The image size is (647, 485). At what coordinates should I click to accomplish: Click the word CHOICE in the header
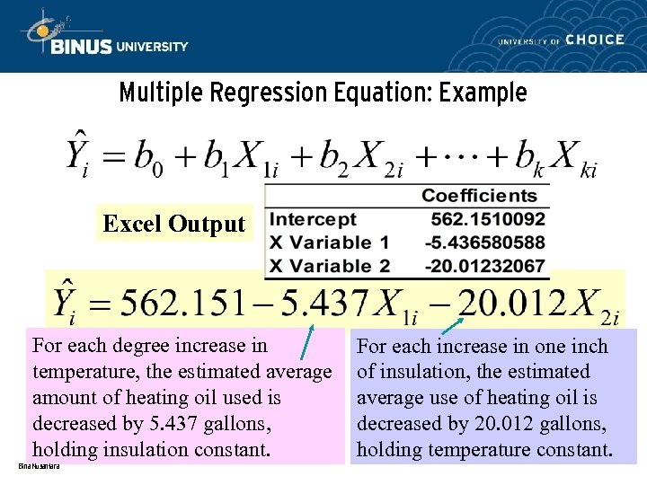pos(594,40)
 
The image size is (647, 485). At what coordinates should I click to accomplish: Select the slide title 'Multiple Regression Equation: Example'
pos(323,93)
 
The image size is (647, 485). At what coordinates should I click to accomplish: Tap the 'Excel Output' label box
pos(173,224)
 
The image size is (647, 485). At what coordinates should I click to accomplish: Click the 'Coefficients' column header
pos(479,196)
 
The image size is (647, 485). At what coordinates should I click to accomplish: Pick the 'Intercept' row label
pos(314,219)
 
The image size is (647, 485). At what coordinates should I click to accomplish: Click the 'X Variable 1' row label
pos(330,242)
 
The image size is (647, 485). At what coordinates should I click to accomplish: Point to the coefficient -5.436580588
pos(485,242)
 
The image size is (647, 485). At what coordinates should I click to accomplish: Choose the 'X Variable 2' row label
pos(330,266)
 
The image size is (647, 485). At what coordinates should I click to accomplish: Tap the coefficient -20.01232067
pos(485,266)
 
